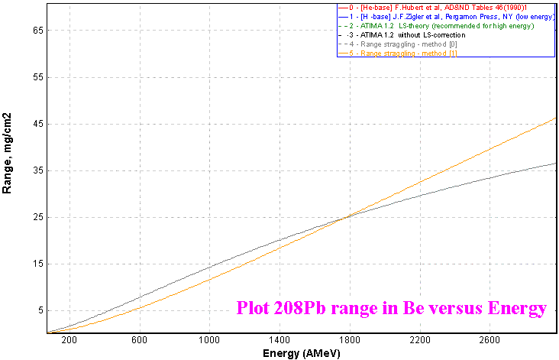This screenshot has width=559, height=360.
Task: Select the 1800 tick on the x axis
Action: tap(349, 341)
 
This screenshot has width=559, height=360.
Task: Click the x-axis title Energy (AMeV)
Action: tap(301, 354)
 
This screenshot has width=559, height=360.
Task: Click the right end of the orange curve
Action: tap(555, 118)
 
